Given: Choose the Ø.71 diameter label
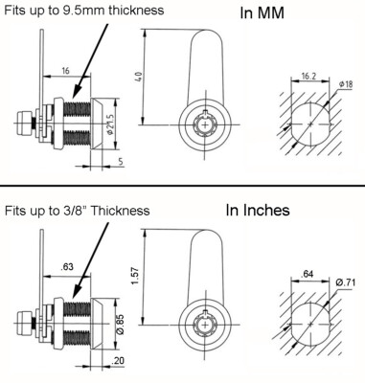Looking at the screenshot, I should pyautogui.click(x=346, y=282).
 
